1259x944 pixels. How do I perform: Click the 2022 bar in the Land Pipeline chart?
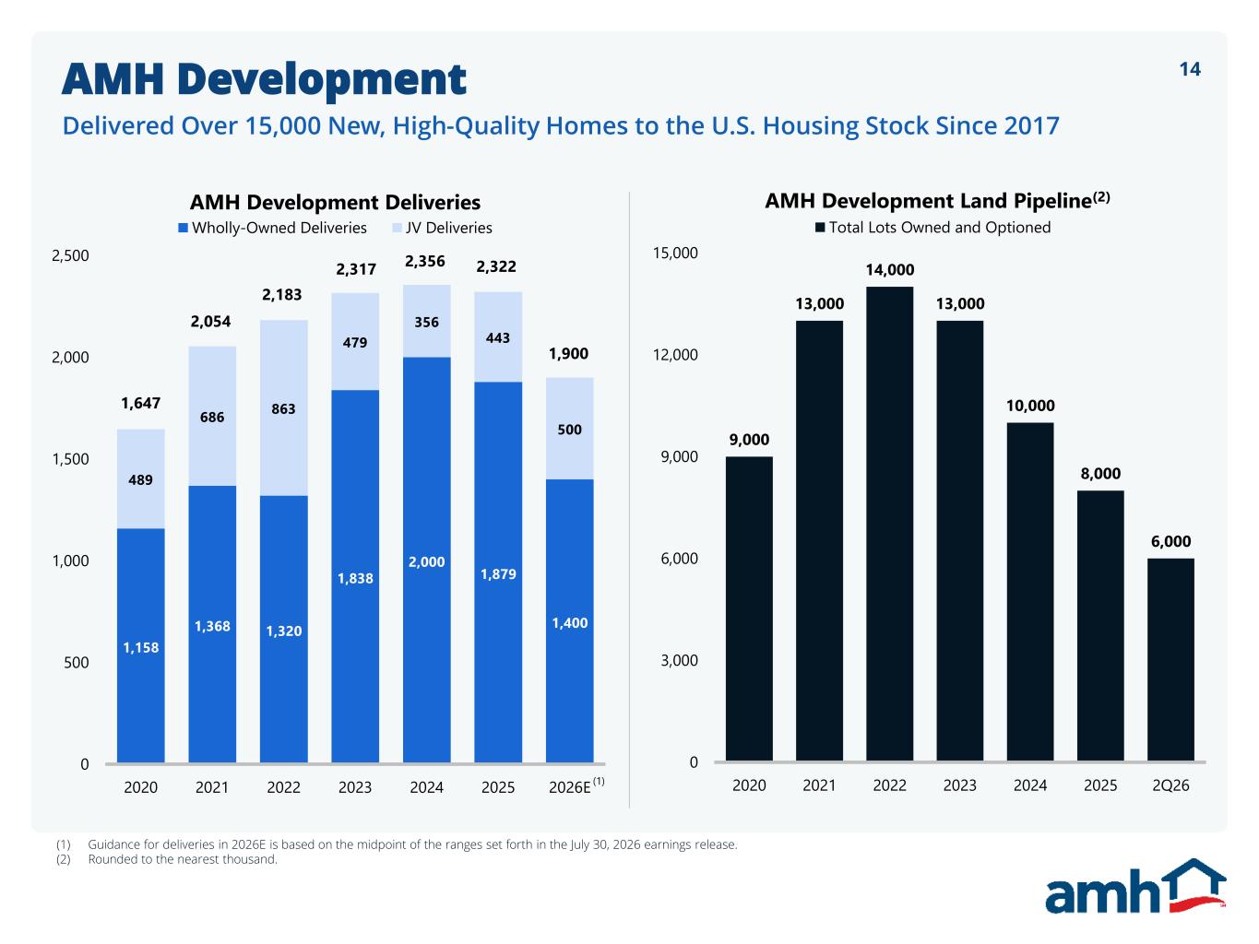[889, 524]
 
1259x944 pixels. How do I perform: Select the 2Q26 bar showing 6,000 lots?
[1170, 660]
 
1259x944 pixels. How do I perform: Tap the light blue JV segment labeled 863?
[283, 407]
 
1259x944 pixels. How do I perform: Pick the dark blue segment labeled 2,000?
[426, 560]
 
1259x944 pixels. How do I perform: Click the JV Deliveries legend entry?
[442, 228]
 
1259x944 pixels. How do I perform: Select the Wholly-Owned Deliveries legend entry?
[272, 228]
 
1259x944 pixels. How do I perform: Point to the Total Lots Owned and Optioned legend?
[933, 227]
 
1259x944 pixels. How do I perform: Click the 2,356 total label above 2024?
[424, 262]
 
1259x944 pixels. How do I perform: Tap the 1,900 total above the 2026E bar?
[568, 353]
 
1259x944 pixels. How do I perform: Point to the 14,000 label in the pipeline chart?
[890, 269]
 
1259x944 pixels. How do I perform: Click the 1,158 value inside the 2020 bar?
[140, 648]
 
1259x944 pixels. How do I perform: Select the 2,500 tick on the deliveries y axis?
[70, 255]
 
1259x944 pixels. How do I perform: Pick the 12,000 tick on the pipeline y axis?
[675, 354]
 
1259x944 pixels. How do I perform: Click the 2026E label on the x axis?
[576, 785]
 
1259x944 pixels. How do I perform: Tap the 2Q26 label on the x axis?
[1170, 785]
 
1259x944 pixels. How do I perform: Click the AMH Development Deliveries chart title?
[335, 202]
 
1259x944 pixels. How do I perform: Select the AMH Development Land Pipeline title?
[937, 200]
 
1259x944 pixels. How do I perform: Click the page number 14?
[1190, 69]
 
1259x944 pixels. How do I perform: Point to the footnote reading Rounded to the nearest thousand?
[183, 859]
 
